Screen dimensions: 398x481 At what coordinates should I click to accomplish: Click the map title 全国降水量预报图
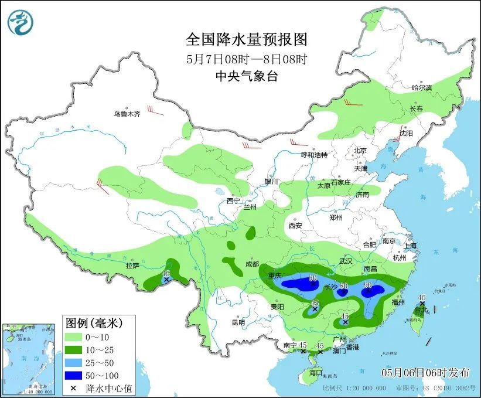[246, 39]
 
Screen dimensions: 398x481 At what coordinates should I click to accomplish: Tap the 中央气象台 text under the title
[246, 76]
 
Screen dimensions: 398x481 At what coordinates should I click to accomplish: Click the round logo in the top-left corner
[21, 22]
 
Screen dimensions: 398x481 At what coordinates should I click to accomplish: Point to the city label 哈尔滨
[421, 87]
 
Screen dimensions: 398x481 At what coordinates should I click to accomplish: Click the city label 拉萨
[133, 266]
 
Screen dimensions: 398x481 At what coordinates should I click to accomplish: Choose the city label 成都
[252, 264]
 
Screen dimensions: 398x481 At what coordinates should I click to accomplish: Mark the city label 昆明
[238, 322]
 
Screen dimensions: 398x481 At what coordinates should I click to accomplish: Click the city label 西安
[295, 225]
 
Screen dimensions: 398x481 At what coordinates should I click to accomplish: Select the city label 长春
[416, 109]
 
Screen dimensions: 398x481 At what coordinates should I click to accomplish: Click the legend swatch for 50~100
[73, 375]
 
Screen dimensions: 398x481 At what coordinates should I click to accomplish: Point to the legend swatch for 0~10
[73, 338]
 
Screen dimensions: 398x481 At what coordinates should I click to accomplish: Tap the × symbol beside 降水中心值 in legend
[73, 387]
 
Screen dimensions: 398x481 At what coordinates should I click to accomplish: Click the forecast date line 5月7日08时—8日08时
[246, 59]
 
